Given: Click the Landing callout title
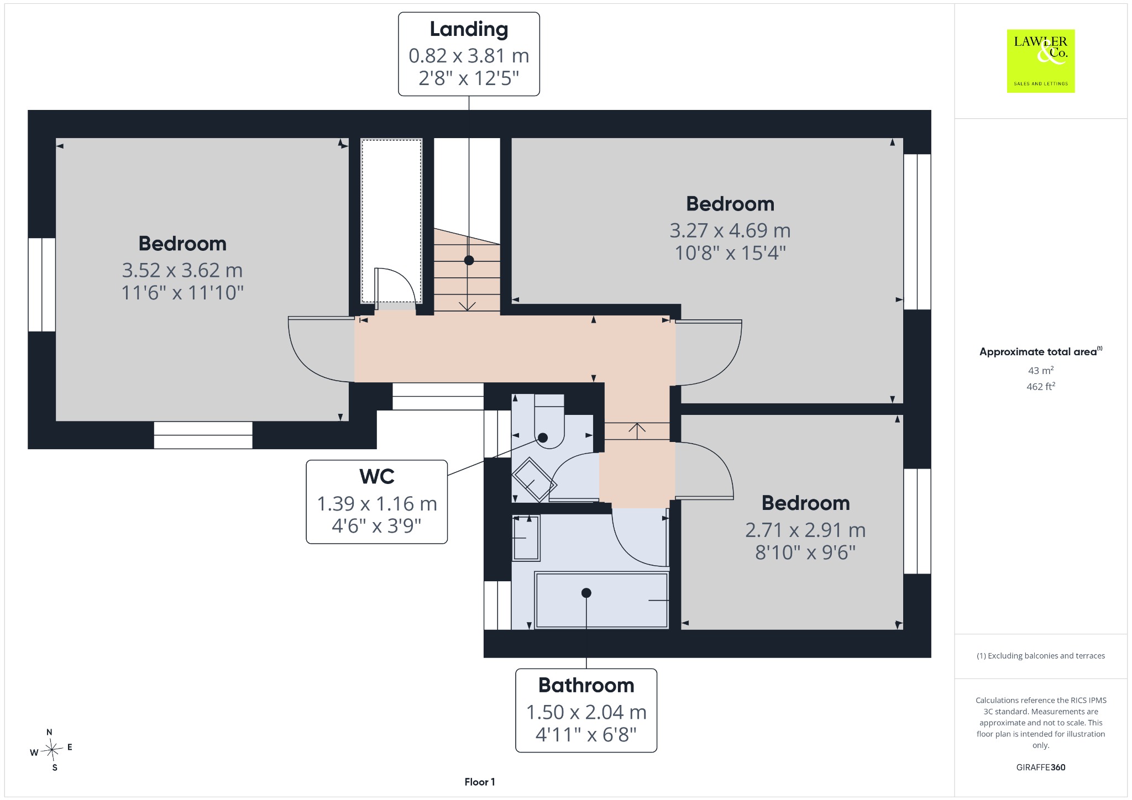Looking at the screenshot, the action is tap(469, 30).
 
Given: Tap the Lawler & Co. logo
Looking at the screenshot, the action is tap(1041, 61).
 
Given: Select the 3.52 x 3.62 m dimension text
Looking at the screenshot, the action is tap(182, 270).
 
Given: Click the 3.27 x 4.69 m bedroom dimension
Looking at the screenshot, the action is tap(730, 230).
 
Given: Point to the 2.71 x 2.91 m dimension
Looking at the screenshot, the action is tap(805, 530).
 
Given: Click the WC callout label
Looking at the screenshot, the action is tap(377, 476).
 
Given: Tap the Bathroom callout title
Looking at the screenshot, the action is tap(586, 685).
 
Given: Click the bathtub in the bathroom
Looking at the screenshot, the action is tap(602, 600).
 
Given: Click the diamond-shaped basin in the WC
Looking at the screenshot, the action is tap(534, 480).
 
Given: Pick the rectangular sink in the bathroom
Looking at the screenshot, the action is tap(526, 538).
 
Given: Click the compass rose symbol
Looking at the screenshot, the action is tap(52, 750).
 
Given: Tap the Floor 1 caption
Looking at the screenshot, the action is tap(480, 782).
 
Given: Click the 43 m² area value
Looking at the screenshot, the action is tap(1041, 370).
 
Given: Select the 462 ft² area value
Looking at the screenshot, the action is tap(1041, 386).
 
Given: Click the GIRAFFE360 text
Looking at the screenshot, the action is tap(1041, 767).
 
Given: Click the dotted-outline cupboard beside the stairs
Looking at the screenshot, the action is tap(391, 221).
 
